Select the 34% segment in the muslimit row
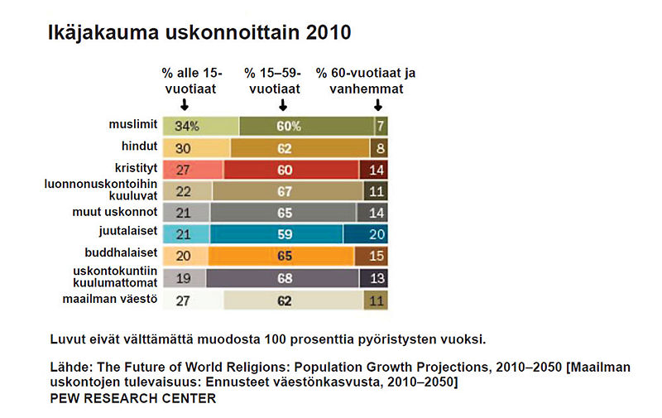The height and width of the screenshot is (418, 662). coord(200,127)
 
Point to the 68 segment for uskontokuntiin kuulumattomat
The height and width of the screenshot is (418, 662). coord(283,278)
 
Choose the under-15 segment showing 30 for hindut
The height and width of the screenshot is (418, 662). coord(196,148)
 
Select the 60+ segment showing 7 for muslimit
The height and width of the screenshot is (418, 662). coord(380,127)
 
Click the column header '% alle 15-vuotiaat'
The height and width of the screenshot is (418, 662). coord(185,80)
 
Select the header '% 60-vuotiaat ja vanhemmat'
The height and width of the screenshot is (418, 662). coord(366,80)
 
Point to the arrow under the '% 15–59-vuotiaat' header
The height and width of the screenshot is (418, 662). coord(283,105)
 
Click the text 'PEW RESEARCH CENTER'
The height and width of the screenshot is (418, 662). coord(132,399)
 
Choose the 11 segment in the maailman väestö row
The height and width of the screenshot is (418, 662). coord(375,300)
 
